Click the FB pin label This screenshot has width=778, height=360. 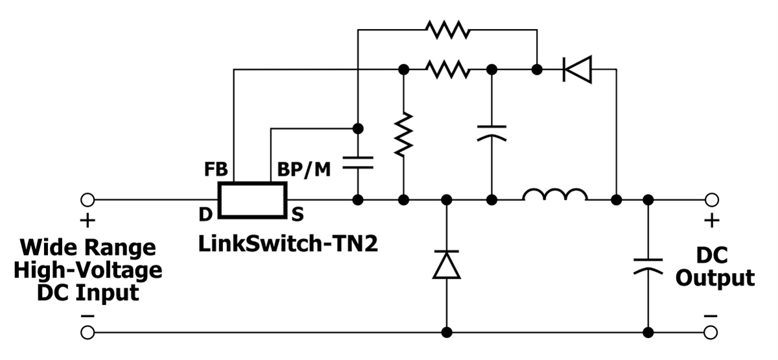[x=216, y=170]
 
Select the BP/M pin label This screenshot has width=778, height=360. [x=304, y=170]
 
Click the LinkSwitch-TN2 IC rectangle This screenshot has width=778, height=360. [x=252, y=200]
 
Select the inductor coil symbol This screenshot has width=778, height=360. [x=555, y=195]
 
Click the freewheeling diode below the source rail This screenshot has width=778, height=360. [x=446, y=264]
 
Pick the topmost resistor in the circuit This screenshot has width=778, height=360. [x=447, y=29]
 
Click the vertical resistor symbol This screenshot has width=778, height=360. [x=403, y=134]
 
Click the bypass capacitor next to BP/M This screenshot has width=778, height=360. [x=357, y=162]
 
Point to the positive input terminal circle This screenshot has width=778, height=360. [x=87, y=199]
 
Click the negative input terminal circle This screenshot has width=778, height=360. [x=87, y=333]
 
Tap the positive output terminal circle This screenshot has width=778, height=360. [x=711, y=199]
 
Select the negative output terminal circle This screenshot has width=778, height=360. [x=711, y=333]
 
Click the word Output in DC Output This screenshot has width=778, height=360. [x=715, y=278]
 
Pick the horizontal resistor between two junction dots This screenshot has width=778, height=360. [x=447, y=69]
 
